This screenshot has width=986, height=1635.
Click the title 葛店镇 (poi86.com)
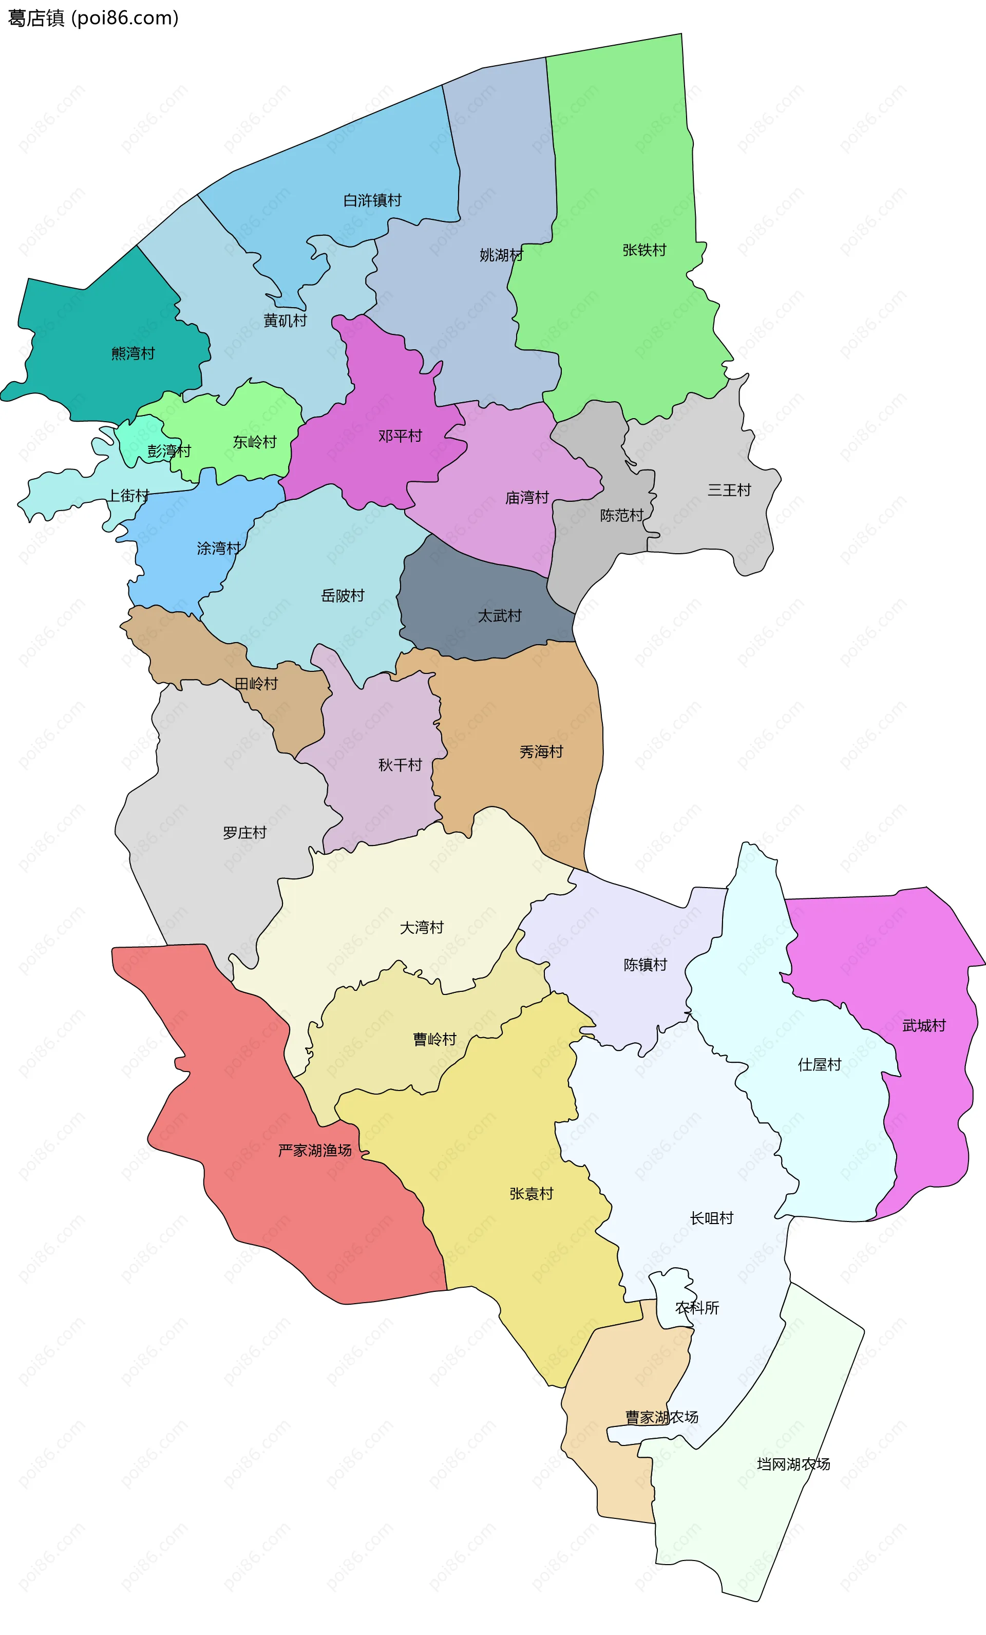point(93,18)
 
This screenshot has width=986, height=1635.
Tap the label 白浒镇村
point(372,200)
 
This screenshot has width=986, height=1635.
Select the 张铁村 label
point(643,250)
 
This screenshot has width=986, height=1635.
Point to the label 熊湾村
point(132,354)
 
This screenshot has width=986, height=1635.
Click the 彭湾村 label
point(169,451)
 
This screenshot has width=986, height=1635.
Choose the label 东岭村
point(254,442)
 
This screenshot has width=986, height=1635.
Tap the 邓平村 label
point(400,436)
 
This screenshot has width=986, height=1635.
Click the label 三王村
point(729,491)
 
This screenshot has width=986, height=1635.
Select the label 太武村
point(500,616)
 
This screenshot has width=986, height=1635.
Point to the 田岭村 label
point(256,684)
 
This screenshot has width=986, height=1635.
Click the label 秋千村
point(400,765)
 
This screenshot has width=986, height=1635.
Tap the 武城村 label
point(924,1026)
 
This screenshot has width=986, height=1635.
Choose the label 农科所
point(697,1308)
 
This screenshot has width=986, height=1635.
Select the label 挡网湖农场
point(793,1464)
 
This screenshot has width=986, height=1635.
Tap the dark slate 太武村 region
point(464,597)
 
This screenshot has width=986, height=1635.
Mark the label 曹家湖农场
point(661,1417)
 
